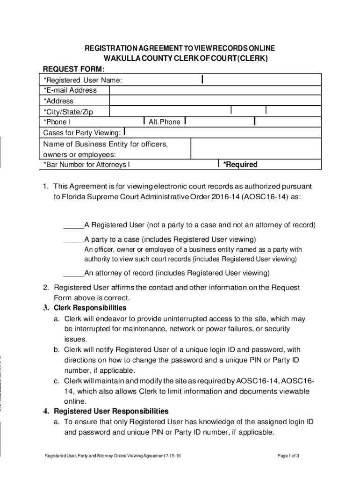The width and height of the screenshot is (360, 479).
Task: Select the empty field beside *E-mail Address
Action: [215, 90]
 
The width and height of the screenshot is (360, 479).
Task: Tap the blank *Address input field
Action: [215, 101]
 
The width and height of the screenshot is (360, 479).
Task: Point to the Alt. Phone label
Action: [164, 122]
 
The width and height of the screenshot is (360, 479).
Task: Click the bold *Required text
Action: [240, 165]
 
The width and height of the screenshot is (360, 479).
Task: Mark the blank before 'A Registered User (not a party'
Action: [73, 225]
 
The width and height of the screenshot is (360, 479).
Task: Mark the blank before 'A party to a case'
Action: [73, 239]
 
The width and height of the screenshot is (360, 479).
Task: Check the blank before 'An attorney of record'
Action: [73, 273]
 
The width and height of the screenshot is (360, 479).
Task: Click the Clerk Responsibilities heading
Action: [90, 308]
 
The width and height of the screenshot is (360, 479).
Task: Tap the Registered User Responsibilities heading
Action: [111, 412]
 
